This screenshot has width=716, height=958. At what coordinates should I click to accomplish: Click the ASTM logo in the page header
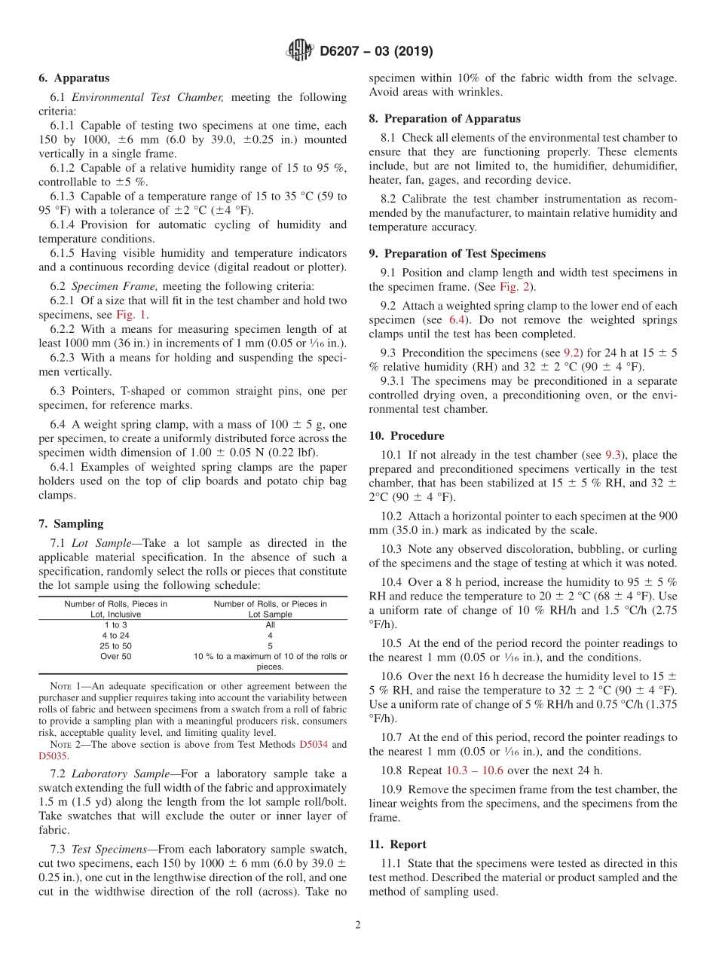pos(301,51)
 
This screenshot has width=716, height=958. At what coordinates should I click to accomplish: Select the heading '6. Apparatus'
pos(74,78)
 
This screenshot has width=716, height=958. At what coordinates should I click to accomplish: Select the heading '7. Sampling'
pos(71,524)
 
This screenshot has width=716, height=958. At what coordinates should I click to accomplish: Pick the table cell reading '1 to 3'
pos(115,624)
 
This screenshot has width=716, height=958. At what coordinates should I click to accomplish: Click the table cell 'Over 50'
pos(115,656)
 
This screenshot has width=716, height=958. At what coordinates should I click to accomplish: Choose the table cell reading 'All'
pos(270,624)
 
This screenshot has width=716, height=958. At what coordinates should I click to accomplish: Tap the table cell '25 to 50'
pos(115,645)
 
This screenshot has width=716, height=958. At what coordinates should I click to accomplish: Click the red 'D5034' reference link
pos(313,745)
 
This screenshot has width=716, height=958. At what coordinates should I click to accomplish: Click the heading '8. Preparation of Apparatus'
pos(444,119)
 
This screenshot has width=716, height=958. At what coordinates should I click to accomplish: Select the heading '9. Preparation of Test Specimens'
pos(457,254)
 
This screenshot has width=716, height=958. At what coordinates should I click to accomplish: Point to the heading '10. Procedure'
pos(406,436)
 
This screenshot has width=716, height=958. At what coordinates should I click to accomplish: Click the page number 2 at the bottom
pos(358,925)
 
